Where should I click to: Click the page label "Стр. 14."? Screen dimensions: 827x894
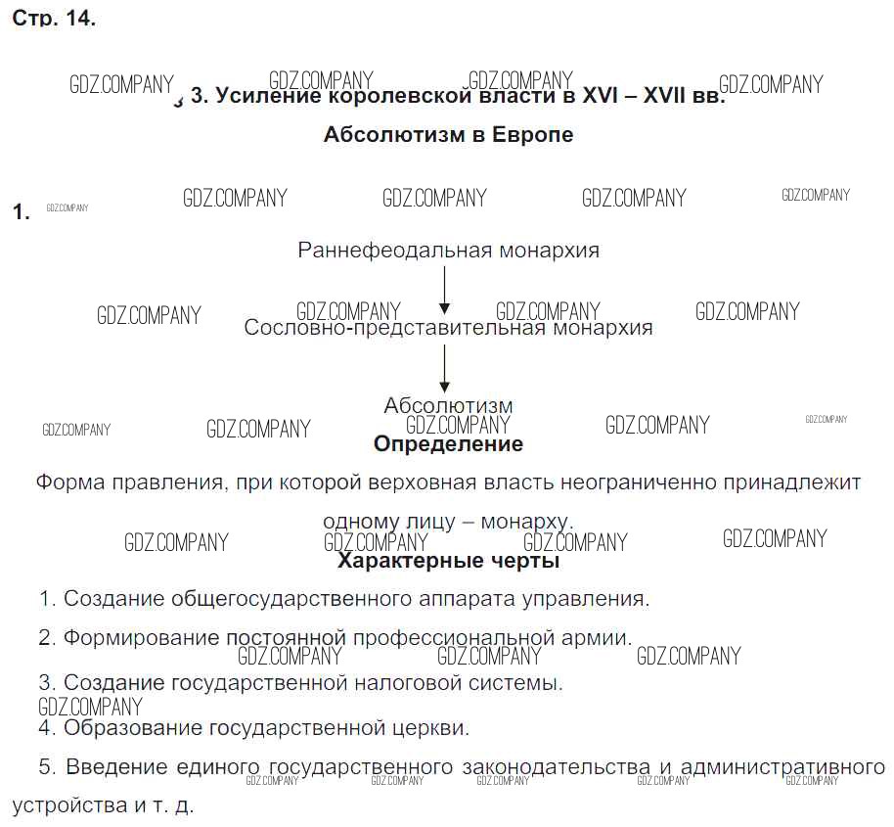coord(54,20)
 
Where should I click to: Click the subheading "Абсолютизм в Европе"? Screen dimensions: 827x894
coord(448,135)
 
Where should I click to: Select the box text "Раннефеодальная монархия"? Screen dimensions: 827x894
coord(448,251)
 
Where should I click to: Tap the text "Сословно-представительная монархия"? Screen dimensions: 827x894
coord(448,329)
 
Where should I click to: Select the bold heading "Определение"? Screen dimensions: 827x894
coord(448,444)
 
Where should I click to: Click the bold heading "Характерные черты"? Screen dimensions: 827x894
coord(448,562)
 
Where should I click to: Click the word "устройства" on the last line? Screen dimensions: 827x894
coord(61,808)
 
